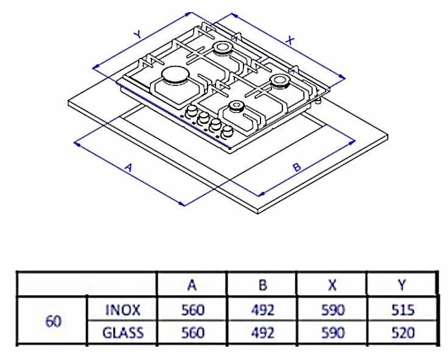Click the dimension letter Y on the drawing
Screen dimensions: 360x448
point(138,36)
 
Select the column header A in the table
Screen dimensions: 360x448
point(192,285)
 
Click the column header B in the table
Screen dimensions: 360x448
point(262,285)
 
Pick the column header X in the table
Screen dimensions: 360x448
point(332,285)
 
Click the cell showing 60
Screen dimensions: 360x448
point(54,321)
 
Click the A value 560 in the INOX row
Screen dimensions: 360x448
point(192,310)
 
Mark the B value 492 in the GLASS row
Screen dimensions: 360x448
point(262,333)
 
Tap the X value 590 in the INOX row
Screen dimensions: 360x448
point(332,310)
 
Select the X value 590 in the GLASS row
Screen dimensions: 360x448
point(332,333)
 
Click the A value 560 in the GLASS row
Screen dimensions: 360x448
point(192,333)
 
